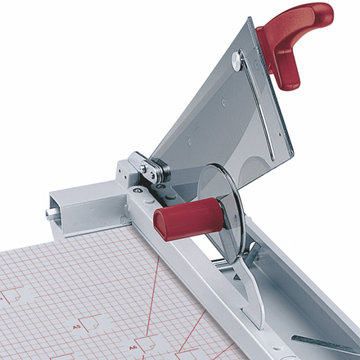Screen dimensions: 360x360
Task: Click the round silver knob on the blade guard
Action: click(x=236, y=59)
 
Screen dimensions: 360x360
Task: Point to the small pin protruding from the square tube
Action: click(x=48, y=214)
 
